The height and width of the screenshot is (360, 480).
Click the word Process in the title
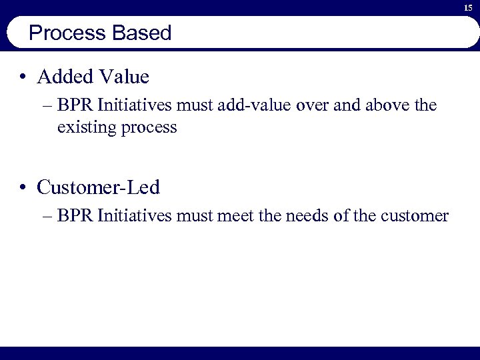[61, 33]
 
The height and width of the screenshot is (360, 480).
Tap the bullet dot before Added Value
[23, 77]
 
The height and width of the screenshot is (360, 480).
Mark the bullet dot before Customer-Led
[23, 188]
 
